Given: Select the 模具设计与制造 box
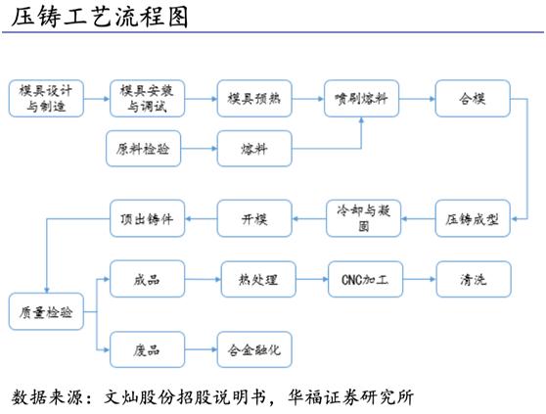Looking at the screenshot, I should [46, 99].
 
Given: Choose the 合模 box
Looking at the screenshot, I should [472, 99].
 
